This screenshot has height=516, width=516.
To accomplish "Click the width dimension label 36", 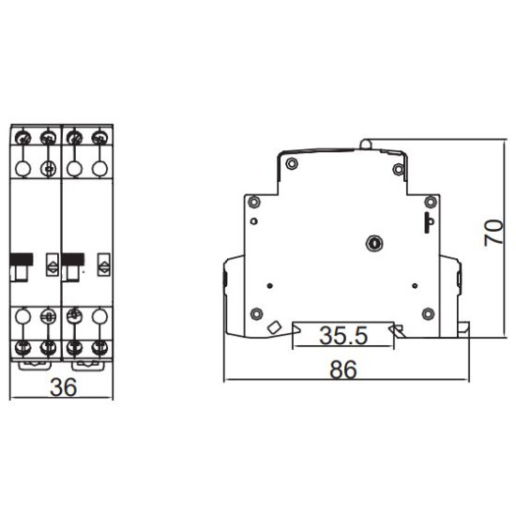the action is click(64, 387).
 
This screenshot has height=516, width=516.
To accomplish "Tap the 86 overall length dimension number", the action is click(342, 370).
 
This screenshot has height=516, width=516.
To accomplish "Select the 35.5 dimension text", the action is click(343, 335).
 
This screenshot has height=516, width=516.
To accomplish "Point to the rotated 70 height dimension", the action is click(493, 233).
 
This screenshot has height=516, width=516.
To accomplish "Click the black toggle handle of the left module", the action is click(22, 259).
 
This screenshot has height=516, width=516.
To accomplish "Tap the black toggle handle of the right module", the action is click(73, 259).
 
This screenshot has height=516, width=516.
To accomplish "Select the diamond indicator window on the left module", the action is click(53, 265).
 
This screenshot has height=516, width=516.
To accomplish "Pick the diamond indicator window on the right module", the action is click(104, 265).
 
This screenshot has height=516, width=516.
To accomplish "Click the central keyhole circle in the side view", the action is click(374, 244).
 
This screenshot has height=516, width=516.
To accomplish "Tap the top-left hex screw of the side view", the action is click(292, 163).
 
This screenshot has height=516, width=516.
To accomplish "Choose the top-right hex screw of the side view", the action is click(399, 170).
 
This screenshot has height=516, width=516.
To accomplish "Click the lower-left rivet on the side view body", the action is click(256, 313).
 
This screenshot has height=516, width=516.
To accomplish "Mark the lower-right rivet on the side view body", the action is click(428, 313).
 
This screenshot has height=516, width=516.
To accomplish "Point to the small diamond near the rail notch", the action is click(274, 327).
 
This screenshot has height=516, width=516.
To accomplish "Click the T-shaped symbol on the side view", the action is click(429, 222).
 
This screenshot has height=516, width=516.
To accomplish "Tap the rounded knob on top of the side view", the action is click(366, 144).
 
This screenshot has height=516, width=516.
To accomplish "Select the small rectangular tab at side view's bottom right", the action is click(463, 329).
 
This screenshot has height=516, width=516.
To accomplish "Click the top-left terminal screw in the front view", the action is click(23, 138).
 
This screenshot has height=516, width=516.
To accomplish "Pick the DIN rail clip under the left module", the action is click(35, 365).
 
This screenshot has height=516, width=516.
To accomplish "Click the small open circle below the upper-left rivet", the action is click(253, 221).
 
